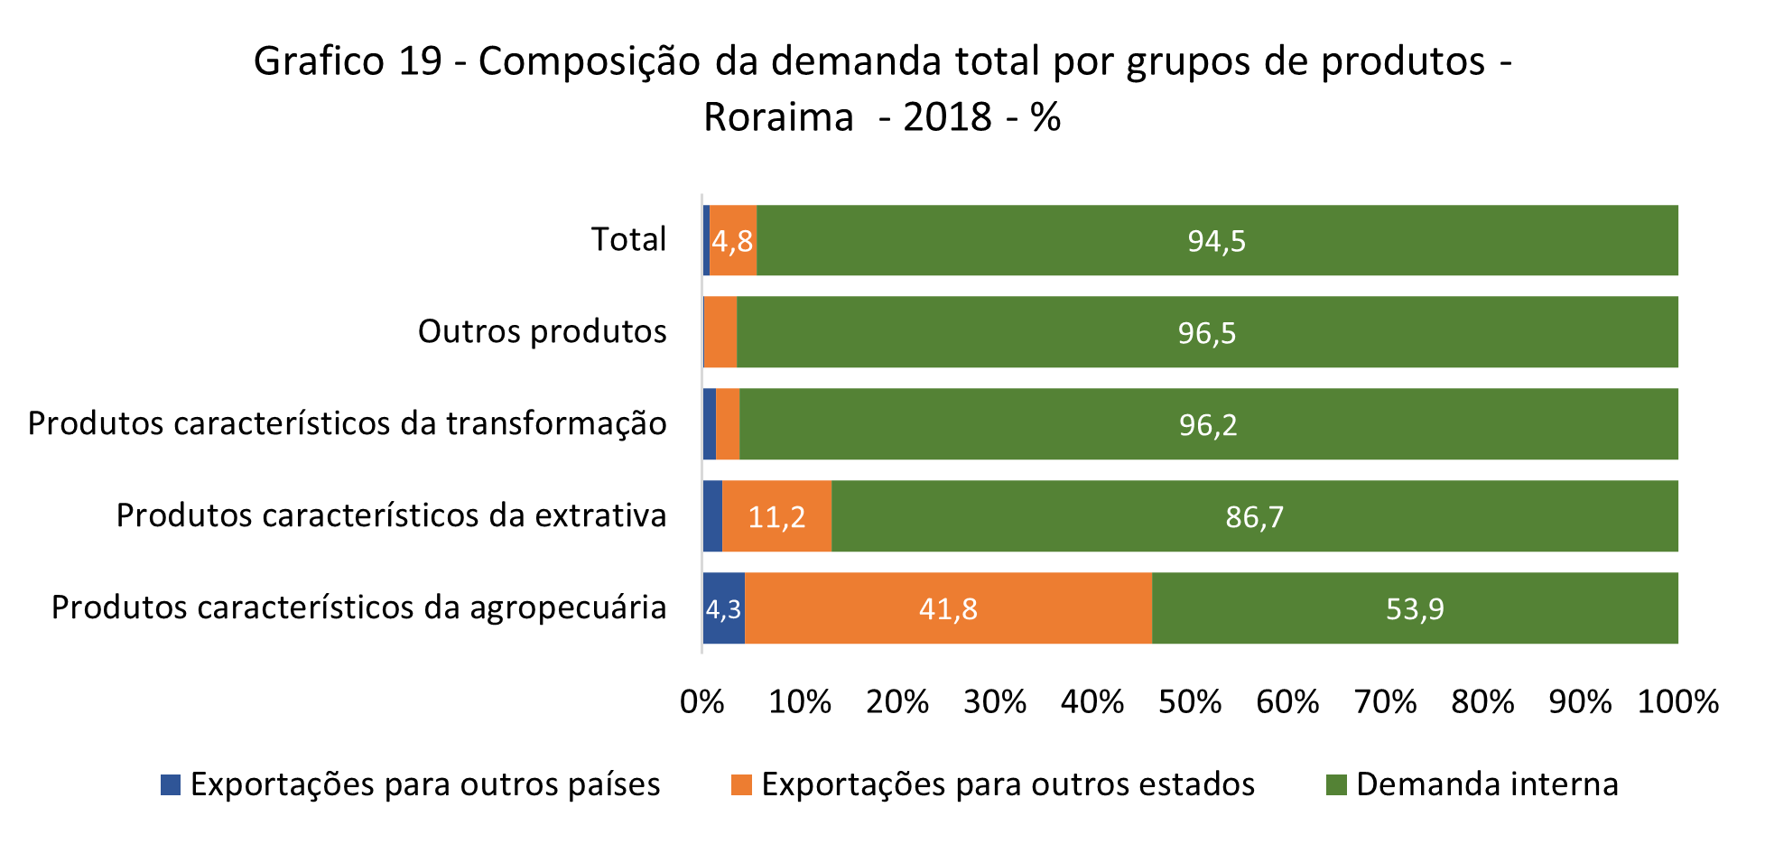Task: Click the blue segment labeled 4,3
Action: coord(723,608)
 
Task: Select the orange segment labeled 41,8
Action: coord(948,608)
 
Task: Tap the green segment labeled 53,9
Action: coord(1415,608)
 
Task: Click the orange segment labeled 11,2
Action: coord(776,516)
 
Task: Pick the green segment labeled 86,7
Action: coord(1254,516)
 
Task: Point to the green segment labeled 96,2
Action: coord(1208,424)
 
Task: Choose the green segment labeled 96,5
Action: coord(1207,332)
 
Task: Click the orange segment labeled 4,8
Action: coord(732,240)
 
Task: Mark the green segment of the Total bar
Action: coord(1216,240)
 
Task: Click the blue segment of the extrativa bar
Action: coord(712,516)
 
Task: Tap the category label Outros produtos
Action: coord(542,331)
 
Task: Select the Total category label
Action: coord(628,239)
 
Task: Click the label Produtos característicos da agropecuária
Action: coord(358,607)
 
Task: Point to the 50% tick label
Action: coord(1190,702)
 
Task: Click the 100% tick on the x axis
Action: coord(1677,702)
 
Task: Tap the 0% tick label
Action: coord(702,702)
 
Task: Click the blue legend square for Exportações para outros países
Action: coord(171,784)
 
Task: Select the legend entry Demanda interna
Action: coord(1486,784)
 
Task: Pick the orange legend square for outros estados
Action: coord(741,784)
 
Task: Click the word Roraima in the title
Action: coord(778,117)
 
